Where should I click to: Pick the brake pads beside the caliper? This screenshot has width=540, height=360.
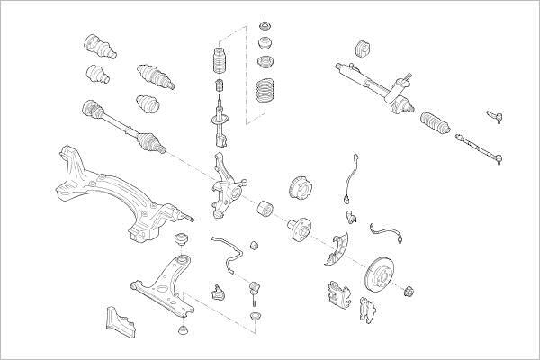(367, 310)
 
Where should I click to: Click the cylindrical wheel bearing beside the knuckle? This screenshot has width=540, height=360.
(266, 210)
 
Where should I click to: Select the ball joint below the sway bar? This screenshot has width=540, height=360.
(217, 292)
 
